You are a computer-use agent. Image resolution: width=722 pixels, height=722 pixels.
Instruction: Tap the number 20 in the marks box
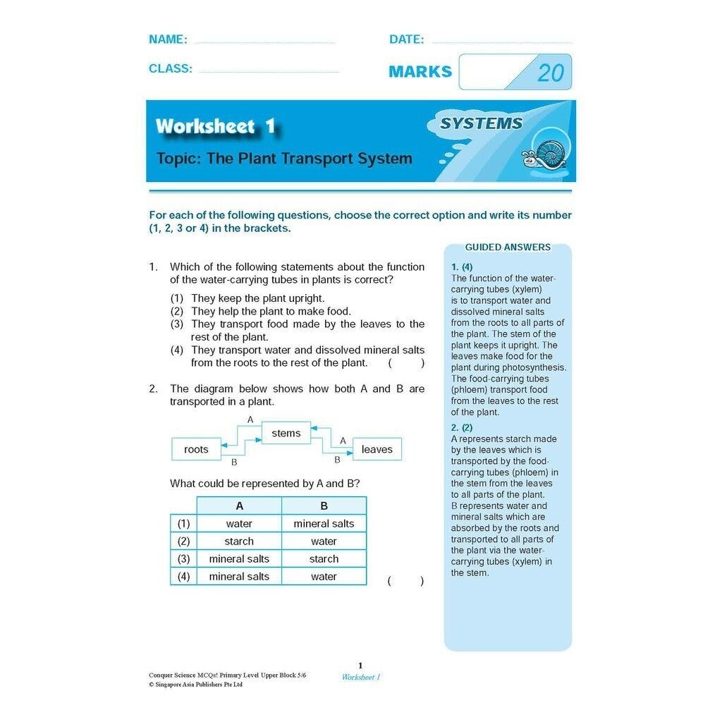tap(550, 73)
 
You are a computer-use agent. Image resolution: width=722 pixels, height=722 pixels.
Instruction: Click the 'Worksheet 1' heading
tap(215, 127)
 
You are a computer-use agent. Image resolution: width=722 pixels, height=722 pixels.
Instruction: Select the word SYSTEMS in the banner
tap(481, 123)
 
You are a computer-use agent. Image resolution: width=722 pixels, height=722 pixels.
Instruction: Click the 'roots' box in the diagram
tap(196, 449)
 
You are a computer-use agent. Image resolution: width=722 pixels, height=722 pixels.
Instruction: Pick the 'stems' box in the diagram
tap(286, 433)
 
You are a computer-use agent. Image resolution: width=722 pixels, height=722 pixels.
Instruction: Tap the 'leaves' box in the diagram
tap(377, 449)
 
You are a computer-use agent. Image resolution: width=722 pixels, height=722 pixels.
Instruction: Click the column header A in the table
tap(239, 506)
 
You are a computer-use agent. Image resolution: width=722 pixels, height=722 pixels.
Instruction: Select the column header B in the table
tap(324, 506)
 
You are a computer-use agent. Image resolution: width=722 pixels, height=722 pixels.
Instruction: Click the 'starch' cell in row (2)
tap(239, 541)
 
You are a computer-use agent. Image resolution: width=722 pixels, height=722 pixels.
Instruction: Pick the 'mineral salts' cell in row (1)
tap(324, 524)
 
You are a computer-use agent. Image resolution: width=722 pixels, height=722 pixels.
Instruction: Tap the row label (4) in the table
tap(183, 576)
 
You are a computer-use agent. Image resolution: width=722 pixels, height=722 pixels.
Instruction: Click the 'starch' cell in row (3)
tap(324, 558)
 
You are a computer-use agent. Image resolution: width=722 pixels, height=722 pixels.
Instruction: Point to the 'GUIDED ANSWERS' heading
tap(508, 247)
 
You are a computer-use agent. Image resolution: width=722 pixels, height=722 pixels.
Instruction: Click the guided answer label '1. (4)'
tap(462, 267)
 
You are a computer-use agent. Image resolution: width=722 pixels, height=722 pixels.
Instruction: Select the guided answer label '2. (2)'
tap(462, 427)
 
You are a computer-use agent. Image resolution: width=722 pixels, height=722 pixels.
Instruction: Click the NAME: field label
tap(168, 39)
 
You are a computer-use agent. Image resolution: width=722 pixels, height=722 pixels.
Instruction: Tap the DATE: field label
tap(406, 39)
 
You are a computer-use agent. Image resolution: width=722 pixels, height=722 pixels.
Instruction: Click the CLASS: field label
tap(170, 68)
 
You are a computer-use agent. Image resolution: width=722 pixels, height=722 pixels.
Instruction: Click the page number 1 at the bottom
tap(360, 666)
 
